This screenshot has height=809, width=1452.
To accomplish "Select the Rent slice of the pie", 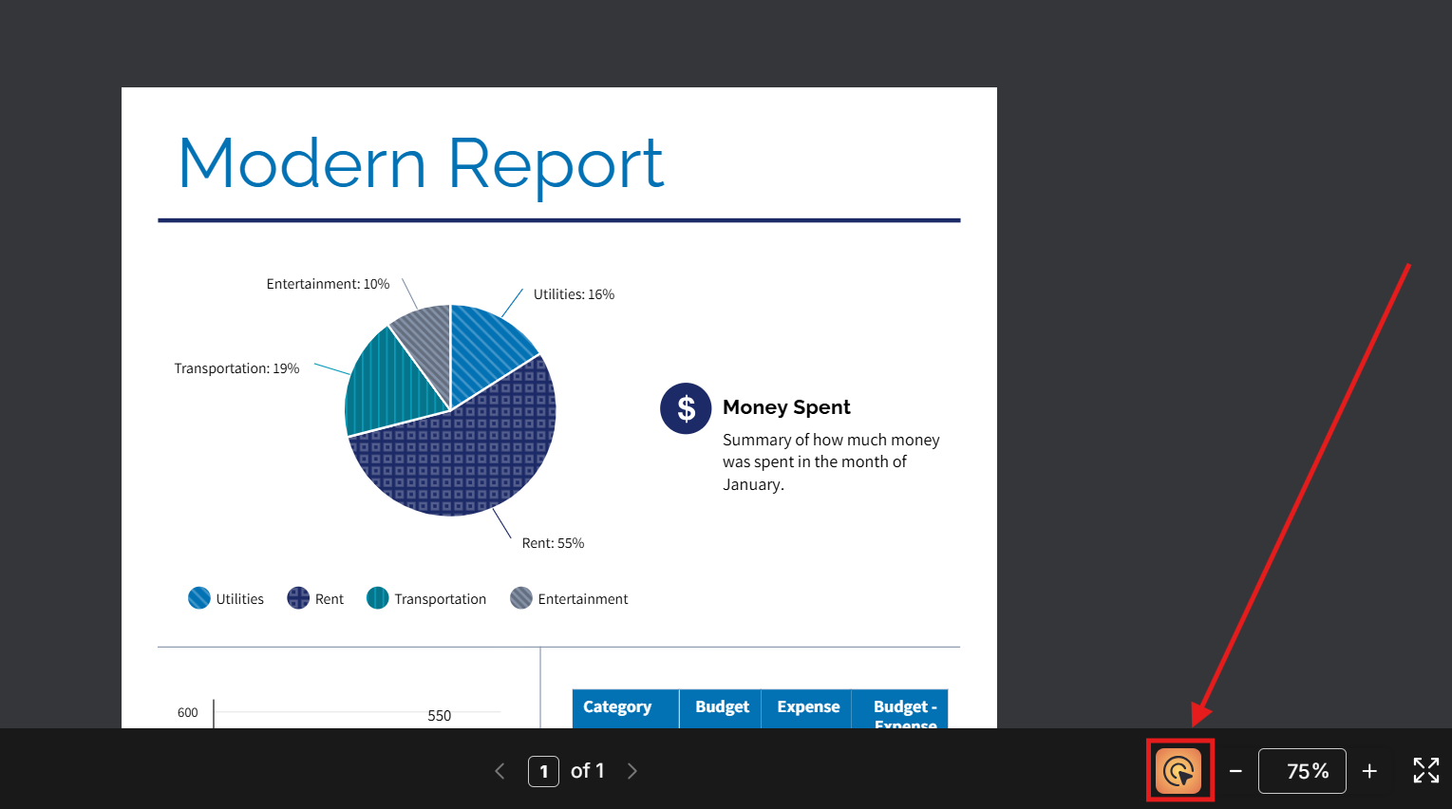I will click(465, 456).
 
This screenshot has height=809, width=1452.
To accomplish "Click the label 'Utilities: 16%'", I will click(574, 294).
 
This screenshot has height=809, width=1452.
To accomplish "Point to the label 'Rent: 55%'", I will click(553, 543).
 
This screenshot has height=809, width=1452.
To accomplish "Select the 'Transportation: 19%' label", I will click(236, 368).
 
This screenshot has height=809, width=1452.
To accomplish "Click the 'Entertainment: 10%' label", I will click(328, 284).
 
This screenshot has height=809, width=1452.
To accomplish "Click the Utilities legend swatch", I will click(199, 598).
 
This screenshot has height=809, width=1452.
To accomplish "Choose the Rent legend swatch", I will click(298, 598).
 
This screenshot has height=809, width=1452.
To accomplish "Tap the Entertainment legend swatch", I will click(521, 598).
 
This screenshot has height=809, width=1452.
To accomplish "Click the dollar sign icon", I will click(686, 408).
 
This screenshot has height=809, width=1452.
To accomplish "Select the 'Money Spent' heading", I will click(786, 407).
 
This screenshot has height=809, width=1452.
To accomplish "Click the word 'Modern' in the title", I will click(302, 163).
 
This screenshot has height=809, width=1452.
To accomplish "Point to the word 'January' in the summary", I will click(752, 484).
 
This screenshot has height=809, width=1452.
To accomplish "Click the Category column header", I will click(617, 707).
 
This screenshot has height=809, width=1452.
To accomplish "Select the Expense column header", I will click(808, 707).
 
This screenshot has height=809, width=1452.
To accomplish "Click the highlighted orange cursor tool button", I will click(1179, 770).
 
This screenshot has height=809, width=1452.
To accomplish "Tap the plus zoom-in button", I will click(1369, 771).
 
